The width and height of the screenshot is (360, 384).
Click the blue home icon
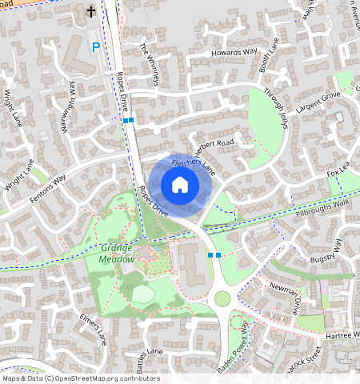(180, 186)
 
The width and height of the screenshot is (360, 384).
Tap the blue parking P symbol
(97, 48)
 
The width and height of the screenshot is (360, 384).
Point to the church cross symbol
(90, 12)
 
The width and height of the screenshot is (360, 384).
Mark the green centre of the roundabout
(222, 299)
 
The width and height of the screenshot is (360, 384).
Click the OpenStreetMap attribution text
(80, 378)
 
